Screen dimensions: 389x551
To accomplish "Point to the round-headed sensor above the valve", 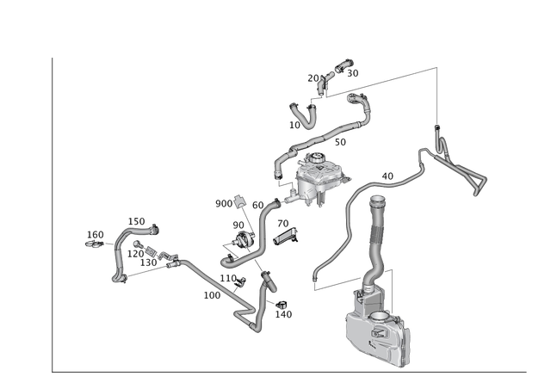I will point(238,202).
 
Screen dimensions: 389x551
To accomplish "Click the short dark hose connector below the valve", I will point(268,280).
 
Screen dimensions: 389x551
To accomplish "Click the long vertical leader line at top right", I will point(439,95).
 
